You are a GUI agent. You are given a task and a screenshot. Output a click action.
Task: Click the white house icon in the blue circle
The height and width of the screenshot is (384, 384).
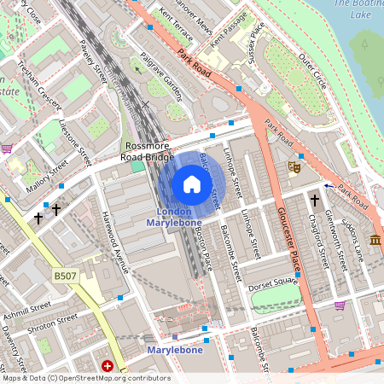click(x=192, y=184)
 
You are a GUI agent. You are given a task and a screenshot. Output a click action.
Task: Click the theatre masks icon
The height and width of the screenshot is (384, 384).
click(x=294, y=168)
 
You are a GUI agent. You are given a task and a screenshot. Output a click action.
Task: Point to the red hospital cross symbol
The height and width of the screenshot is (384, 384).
click(x=108, y=366)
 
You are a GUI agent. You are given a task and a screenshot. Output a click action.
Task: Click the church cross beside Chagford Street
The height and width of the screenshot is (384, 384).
click(x=314, y=201)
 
